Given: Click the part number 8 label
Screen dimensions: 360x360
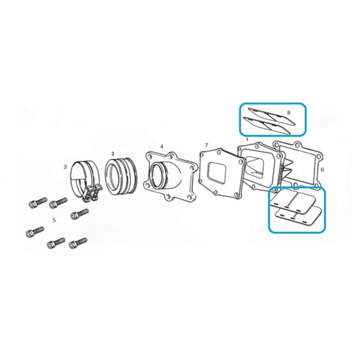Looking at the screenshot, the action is tap(288, 112).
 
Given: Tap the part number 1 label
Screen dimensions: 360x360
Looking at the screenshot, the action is tap(247, 139).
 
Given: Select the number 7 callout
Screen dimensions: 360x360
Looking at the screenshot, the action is tap(206, 145).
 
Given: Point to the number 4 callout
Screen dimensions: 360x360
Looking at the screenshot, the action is tap(162, 147).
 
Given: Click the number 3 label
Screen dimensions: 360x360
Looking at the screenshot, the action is tap(112, 153).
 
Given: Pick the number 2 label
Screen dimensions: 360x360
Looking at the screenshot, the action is tap(65, 167).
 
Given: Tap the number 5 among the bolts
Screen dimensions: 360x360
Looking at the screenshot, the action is tap(54, 220).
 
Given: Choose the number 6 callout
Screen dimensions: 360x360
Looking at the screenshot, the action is tap(322, 170).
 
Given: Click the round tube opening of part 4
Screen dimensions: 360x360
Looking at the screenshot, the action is tap(159, 175).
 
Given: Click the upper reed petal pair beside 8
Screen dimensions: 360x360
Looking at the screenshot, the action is tap(272, 117).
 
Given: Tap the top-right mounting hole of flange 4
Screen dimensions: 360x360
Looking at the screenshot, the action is tap(171, 157).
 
